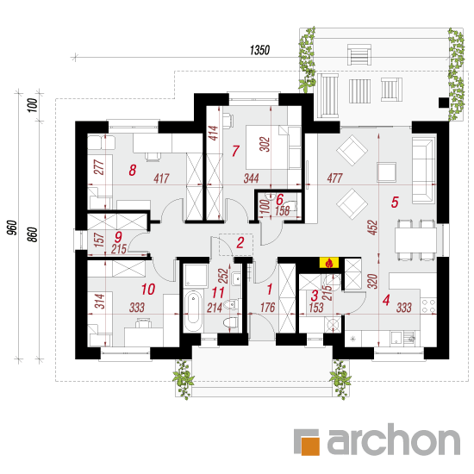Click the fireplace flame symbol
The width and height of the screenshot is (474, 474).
329,263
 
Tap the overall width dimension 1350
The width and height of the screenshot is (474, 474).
259,50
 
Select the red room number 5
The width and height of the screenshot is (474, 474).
395,203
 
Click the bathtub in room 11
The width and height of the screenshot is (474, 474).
193,311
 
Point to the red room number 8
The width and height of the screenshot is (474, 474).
133,170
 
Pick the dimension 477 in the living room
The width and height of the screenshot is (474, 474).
334,178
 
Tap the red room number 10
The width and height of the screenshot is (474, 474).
148,290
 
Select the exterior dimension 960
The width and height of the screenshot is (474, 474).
11,228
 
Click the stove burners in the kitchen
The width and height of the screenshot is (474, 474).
428,306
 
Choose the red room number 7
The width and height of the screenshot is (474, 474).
235,151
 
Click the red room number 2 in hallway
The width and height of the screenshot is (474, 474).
240,243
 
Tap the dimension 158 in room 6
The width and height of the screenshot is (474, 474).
283,210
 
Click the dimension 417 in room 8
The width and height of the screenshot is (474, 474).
161,178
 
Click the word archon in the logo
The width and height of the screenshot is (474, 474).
394,439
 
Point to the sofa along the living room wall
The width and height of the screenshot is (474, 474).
424,170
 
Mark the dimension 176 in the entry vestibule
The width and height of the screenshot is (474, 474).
267,308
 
